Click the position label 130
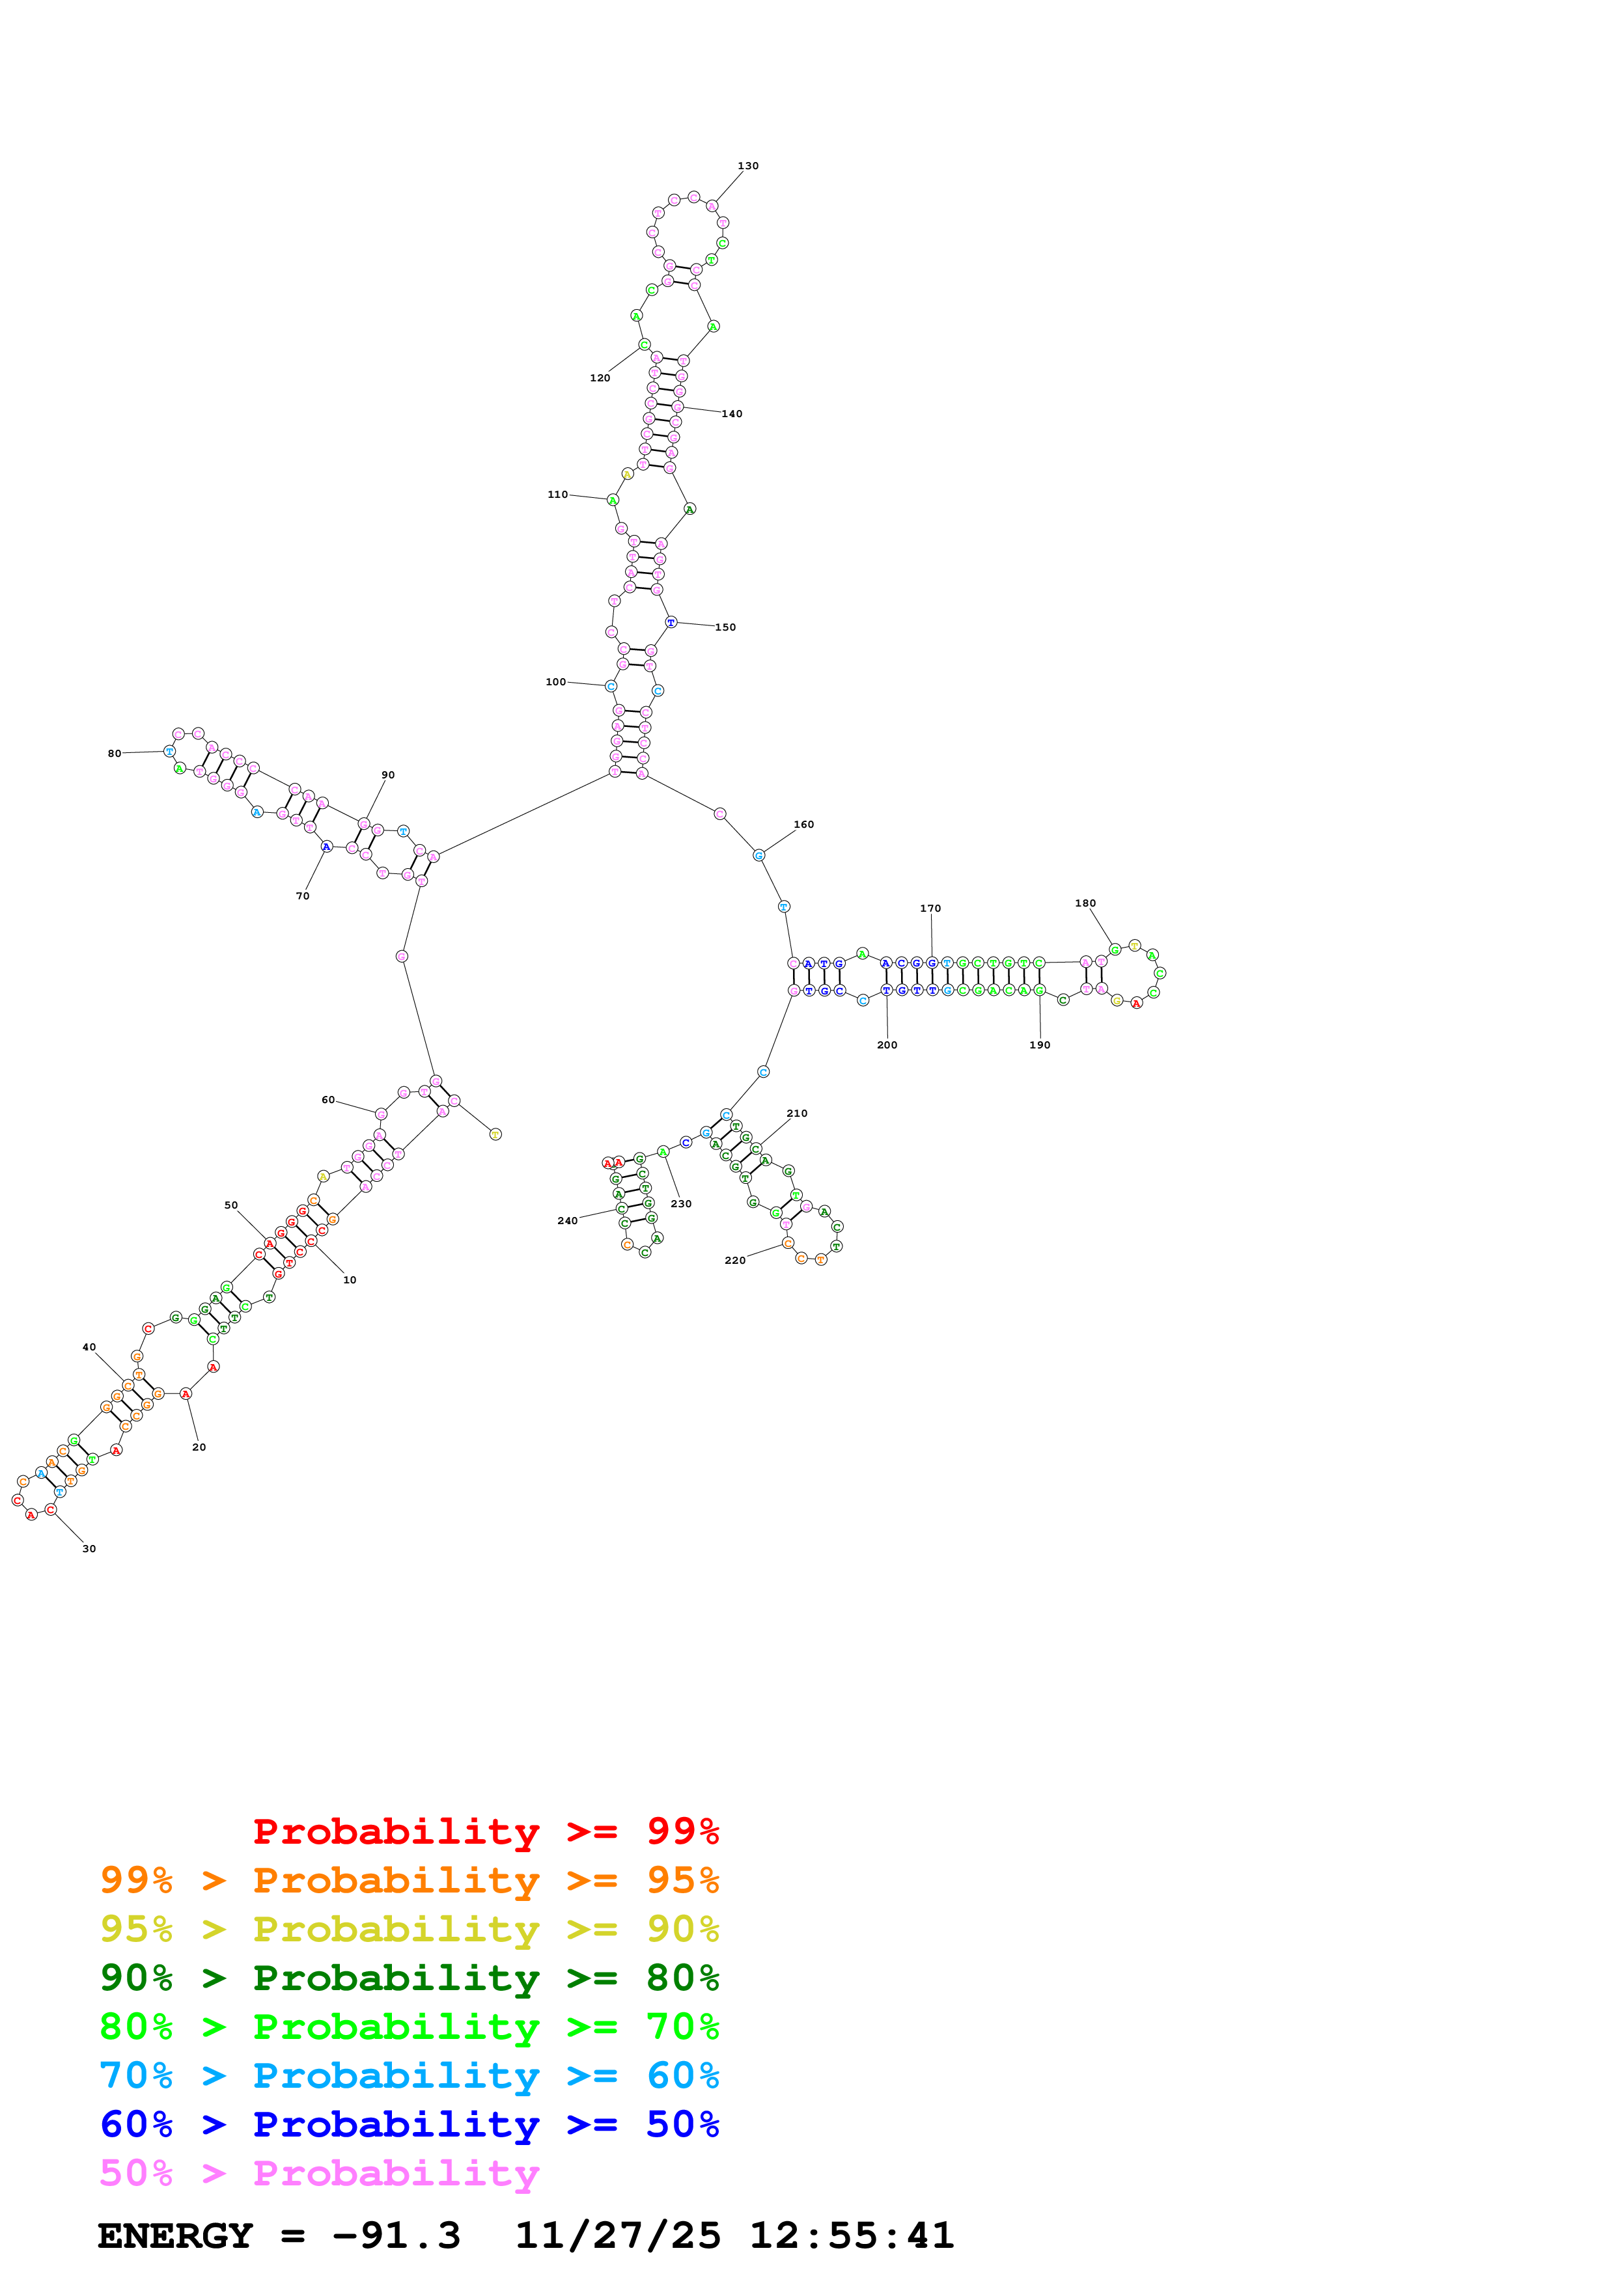tap(748, 166)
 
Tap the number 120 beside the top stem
tap(600, 378)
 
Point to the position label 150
tap(725, 627)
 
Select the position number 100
tap(555, 682)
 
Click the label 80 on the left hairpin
tap(115, 754)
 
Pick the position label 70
tap(302, 896)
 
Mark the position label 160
tap(803, 825)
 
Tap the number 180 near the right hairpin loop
tap(1085, 904)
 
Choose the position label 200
tap(887, 1045)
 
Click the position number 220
tap(735, 1261)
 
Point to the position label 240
tap(567, 1221)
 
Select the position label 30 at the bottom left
tap(89, 1549)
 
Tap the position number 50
tap(230, 1205)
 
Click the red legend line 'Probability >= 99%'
tap(485, 1831)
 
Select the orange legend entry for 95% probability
tap(409, 1880)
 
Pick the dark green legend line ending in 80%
tap(409, 1978)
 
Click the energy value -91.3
tap(396, 2235)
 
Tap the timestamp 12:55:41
tap(851, 2235)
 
